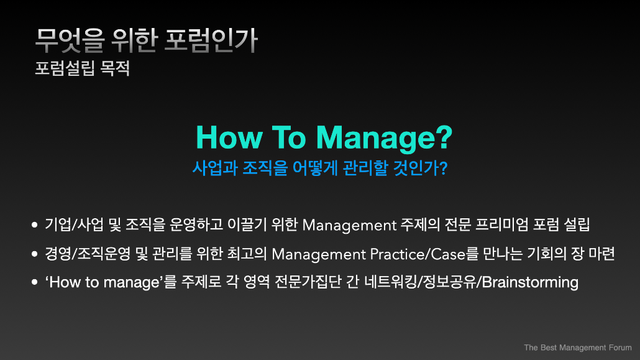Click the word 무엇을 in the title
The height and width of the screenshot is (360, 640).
[70, 40]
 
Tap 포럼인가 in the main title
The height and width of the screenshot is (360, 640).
[211, 40]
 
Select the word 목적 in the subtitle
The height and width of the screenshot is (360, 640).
[115, 68]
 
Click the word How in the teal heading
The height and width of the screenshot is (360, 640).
[229, 137]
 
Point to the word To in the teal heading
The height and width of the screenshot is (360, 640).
[288, 137]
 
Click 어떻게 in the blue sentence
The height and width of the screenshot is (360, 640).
[315, 168]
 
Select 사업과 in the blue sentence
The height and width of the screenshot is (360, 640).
[215, 168]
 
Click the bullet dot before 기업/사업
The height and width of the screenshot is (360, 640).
[35, 224]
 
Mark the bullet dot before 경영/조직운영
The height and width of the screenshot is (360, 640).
[35, 254]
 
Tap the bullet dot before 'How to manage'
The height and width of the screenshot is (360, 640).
[35, 282]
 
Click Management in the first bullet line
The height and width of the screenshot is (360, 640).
[349, 225]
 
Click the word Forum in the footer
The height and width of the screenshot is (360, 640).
[620, 348]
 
